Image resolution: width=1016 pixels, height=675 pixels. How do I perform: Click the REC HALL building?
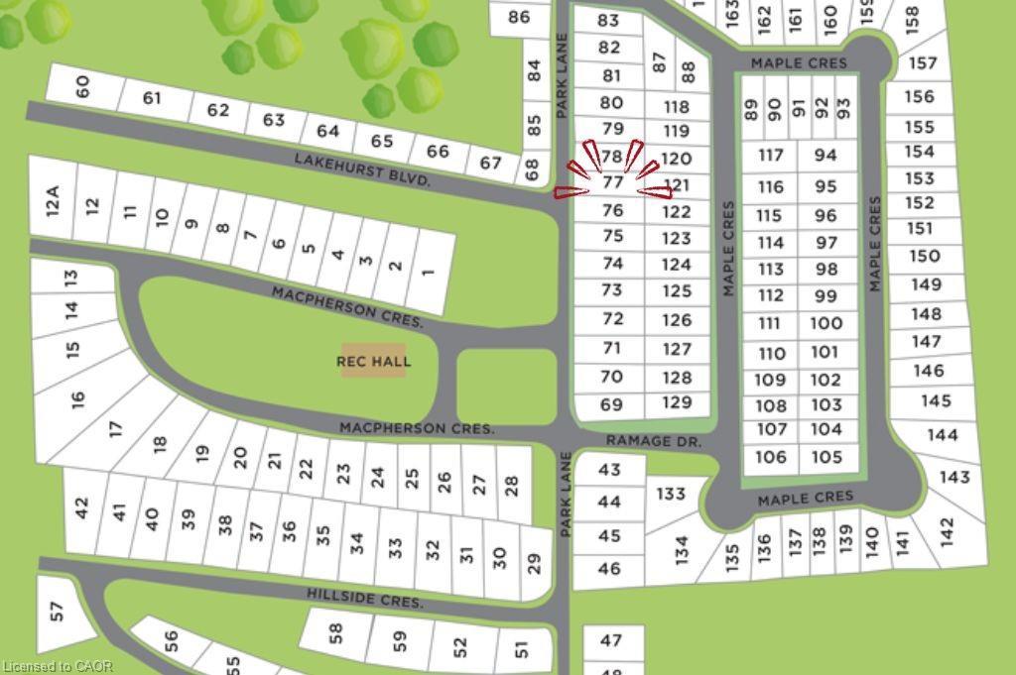coord(373,362)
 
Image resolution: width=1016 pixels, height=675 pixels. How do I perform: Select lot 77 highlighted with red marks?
coord(613,182)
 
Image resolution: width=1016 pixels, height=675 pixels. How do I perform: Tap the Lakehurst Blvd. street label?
coord(362,170)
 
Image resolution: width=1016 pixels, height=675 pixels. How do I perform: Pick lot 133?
coord(671,494)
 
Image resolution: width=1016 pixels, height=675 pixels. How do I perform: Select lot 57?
coord(58,611)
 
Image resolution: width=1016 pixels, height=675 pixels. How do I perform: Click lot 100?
coord(825,323)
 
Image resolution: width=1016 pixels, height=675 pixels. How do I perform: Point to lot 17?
coord(116,428)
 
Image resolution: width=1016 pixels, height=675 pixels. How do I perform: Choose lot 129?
coord(677,402)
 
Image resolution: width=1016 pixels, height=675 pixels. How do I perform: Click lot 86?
coord(519,16)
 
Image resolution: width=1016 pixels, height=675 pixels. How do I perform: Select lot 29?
coord(534,563)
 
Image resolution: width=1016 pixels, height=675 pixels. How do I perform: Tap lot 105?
coord(826,456)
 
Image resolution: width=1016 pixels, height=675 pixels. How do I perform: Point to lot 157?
coord(922,63)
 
